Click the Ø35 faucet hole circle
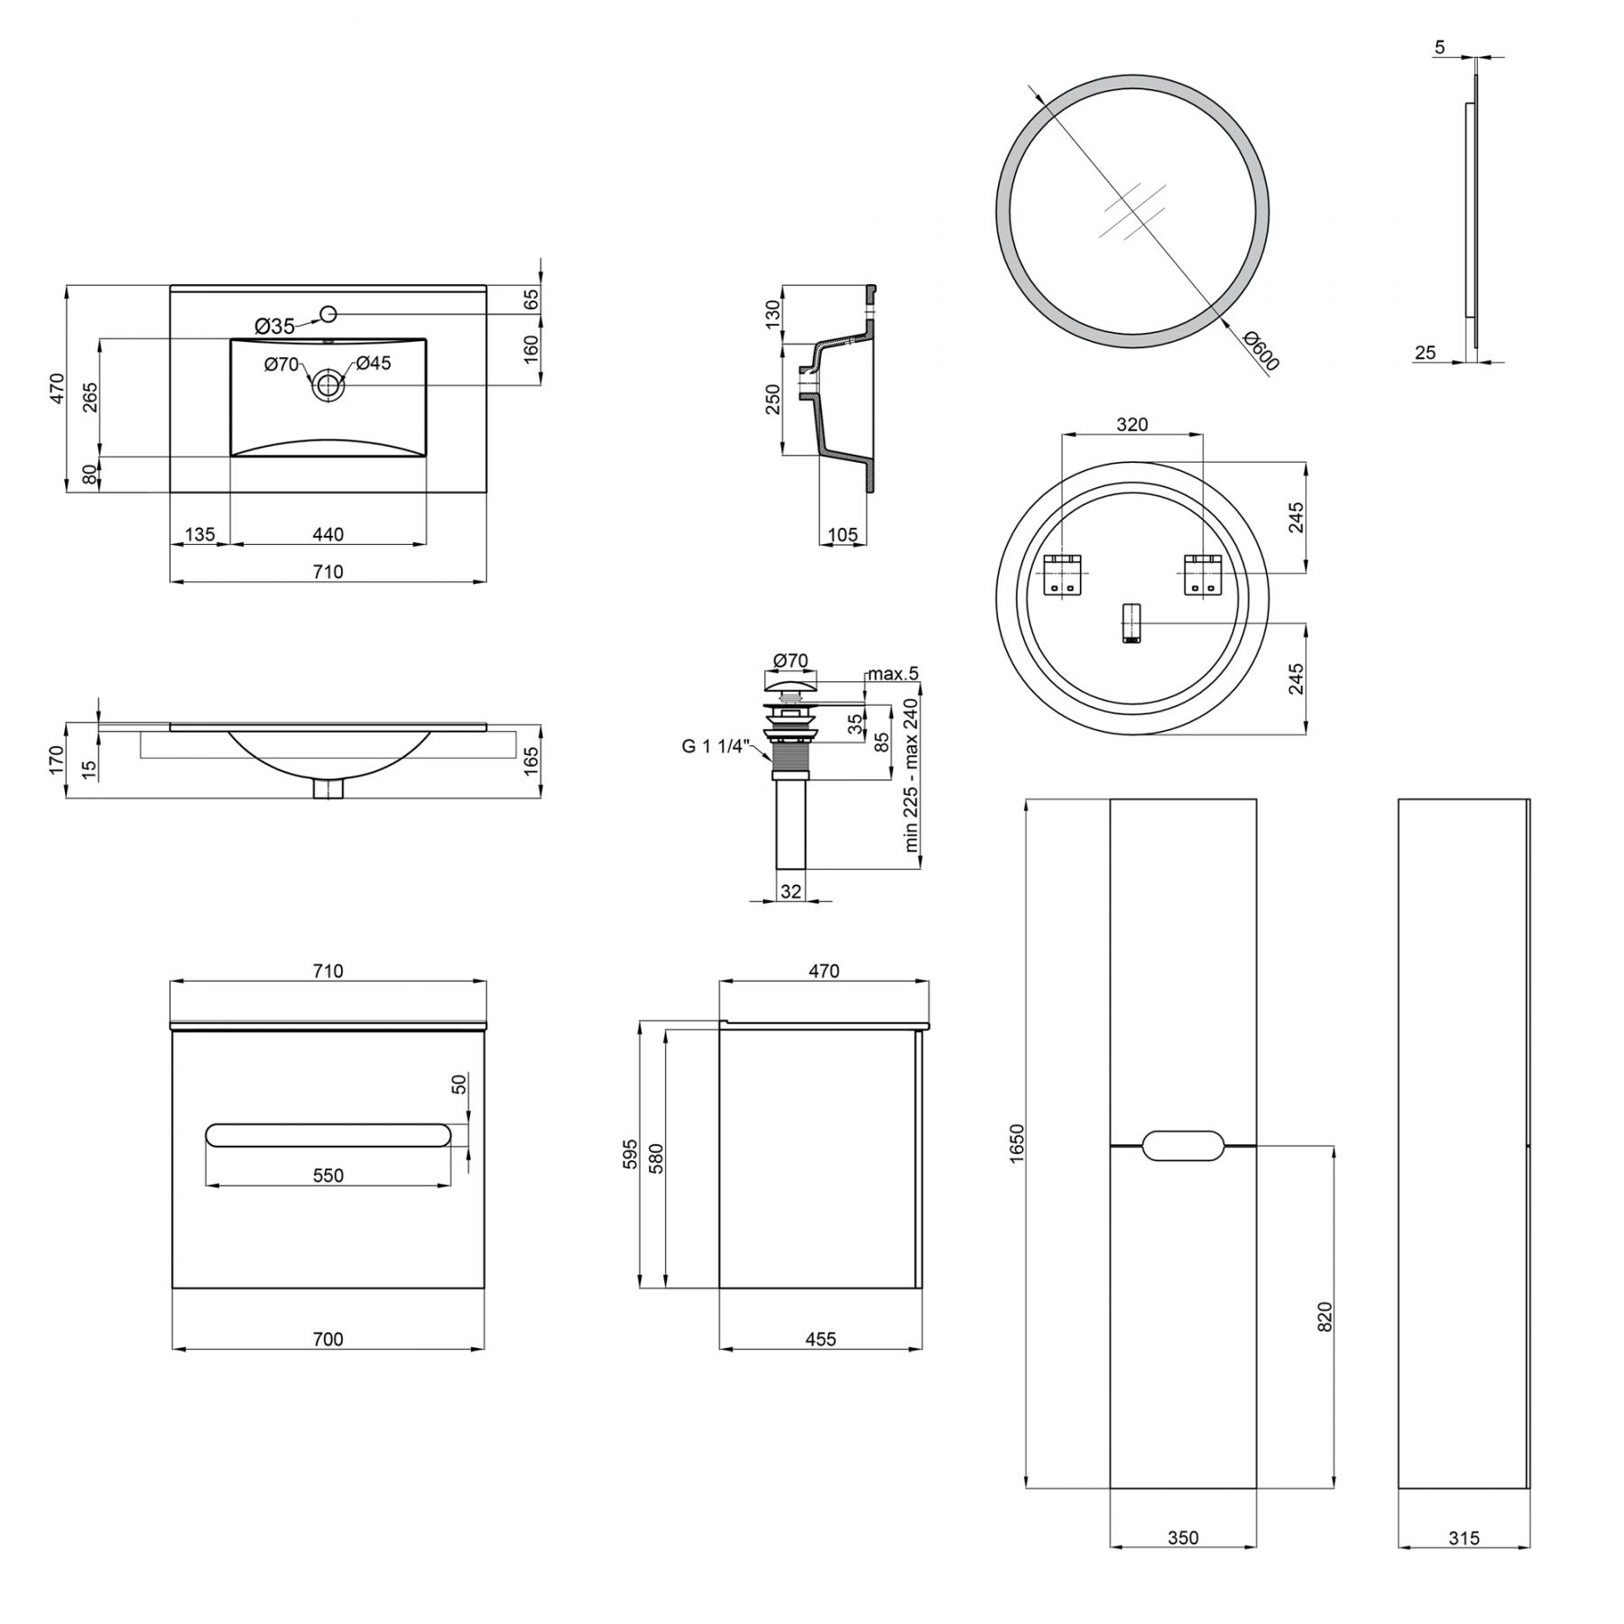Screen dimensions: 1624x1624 (x=328, y=313)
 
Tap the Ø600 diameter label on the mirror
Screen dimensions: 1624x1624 (x=1261, y=351)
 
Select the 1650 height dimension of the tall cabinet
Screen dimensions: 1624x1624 (x=1017, y=1142)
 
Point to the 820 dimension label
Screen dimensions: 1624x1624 (x=1324, y=1316)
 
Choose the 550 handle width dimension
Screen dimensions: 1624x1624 (x=328, y=1175)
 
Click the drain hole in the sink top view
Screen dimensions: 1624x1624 (x=328, y=385)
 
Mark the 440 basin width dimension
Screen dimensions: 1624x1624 (x=328, y=534)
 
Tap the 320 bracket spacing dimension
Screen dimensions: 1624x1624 (x=1132, y=424)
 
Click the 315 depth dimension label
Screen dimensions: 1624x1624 (x=1464, y=1538)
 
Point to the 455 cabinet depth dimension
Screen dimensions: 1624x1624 (x=821, y=1340)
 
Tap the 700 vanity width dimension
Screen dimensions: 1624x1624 (x=328, y=1340)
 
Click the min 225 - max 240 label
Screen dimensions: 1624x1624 (x=910, y=775)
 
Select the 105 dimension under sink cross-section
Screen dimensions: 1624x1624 (x=843, y=534)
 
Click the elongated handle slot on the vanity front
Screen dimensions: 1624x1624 (x=328, y=1135)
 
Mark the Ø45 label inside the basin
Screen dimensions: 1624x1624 (x=373, y=363)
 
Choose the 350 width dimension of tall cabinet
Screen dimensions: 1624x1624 (x=1183, y=1538)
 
